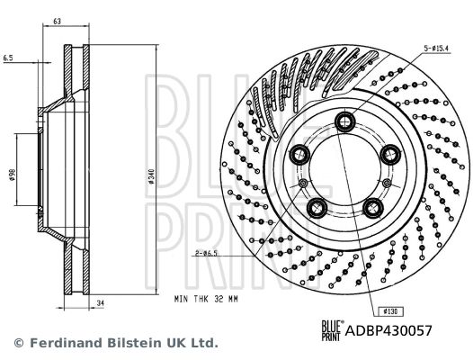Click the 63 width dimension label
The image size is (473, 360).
pyautogui.click(x=57, y=21)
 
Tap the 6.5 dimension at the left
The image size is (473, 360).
pyautogui.click(x=8, y=58)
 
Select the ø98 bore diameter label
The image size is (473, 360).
pyautogui.click(x=12, y=175)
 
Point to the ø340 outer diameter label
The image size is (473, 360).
pyautogui.click(x=151, y=177)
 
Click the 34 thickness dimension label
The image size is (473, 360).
pyautogui.click(x=100, y=303)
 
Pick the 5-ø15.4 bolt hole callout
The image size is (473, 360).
pyautogui.click(x=437, y=48)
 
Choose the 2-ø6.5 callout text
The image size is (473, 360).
pyautogui.click(x=206, y=253)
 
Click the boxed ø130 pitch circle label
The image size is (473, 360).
pyautogui.click(x=390, y=311)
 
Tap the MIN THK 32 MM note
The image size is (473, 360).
pyautogui.click(x=206, y=299)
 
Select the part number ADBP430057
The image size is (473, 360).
pyautogui.click(x=388, y=330)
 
